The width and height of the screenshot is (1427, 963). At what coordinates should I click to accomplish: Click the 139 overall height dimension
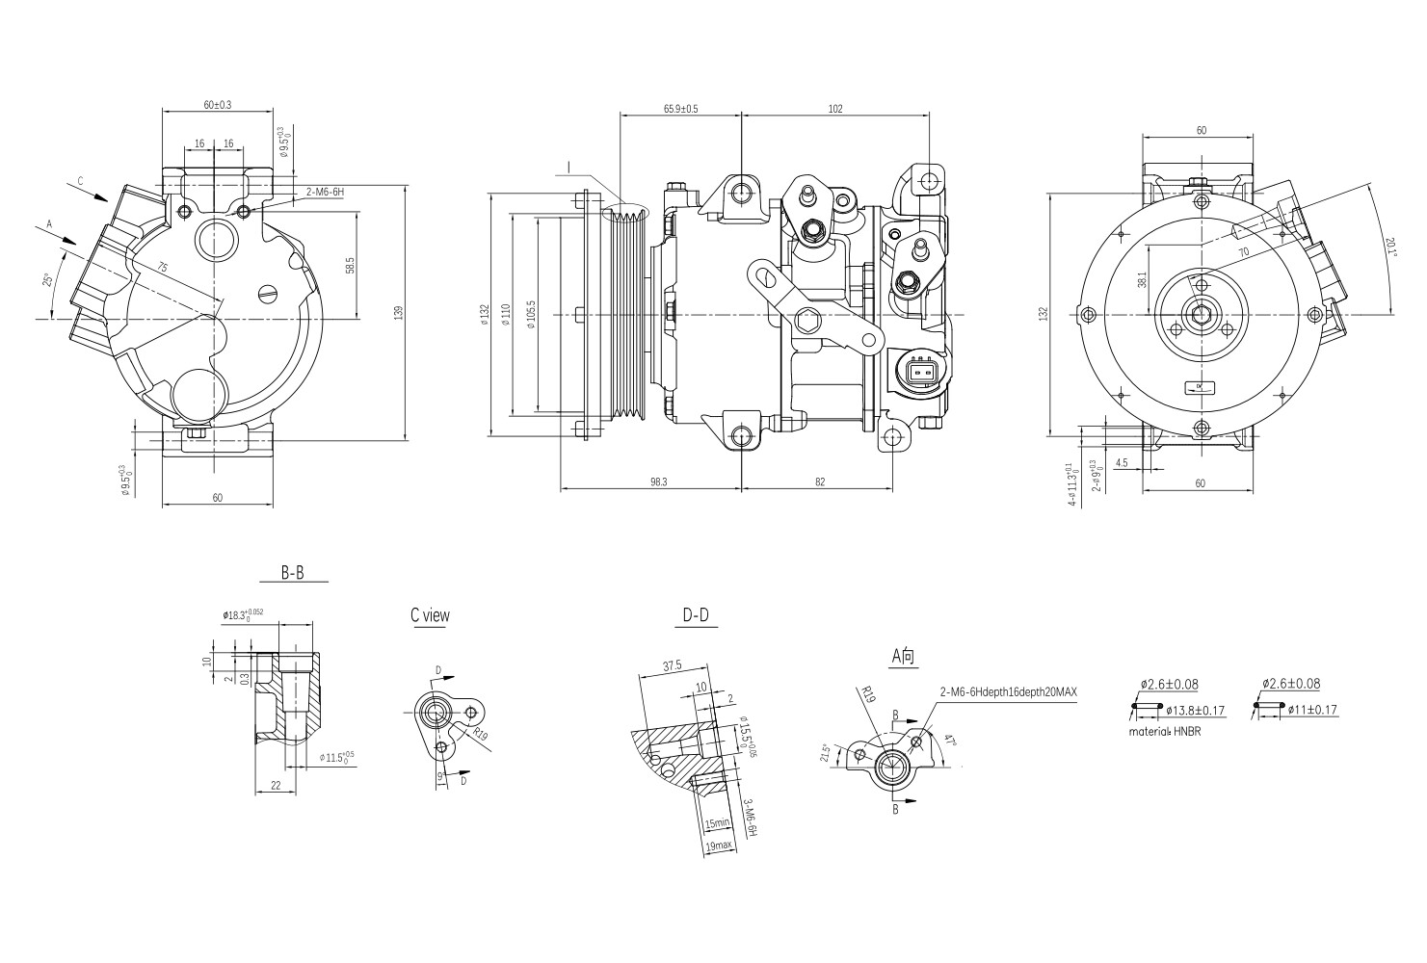click(398, 311)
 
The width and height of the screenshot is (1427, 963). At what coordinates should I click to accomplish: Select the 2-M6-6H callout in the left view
click(325, 193)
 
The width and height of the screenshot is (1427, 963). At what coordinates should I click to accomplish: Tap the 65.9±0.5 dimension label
click(680, 109)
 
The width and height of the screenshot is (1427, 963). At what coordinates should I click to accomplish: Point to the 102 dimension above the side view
click(834, 109)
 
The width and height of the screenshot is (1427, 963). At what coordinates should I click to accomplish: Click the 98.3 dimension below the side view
click(659, 481)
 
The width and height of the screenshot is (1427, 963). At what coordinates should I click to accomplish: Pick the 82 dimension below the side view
click(819, 481)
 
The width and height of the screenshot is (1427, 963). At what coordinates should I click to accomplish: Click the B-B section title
click(293, 572)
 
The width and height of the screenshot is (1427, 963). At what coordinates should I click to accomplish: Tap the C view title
click(430, 615)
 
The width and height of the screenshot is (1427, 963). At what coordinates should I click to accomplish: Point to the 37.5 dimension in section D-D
click(673, 665)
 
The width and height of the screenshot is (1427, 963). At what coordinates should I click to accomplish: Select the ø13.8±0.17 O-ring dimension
click(1195, 711)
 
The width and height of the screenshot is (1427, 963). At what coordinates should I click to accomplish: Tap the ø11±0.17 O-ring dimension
click(1310, 711)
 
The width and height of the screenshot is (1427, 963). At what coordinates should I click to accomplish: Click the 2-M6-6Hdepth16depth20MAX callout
click(1008, 692)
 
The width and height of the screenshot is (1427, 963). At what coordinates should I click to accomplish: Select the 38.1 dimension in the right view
click(1142, 280)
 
